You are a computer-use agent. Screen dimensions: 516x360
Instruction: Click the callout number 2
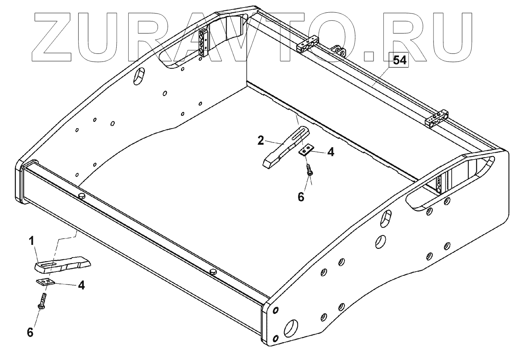click(260, 140)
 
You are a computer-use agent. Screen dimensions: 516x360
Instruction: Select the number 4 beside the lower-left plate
click(81, 285)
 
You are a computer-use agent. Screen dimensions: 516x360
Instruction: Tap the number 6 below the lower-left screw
click(30, 332)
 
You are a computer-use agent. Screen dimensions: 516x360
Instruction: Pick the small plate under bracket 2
click(306, 150)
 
